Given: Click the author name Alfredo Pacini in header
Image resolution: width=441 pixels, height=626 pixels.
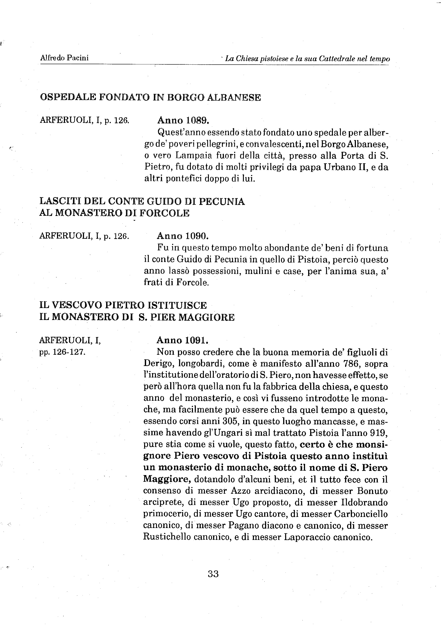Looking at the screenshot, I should pyautogui.click(x=64, y=58).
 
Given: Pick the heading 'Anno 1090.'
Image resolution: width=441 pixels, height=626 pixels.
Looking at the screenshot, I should pyautogui.click(x=183, y=236).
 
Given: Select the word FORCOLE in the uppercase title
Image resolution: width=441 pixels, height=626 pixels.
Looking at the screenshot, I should pyautogui.click(x=164, y=213).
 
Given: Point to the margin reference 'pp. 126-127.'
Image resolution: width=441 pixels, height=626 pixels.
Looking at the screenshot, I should pyautogui.click(x=63, y=352).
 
